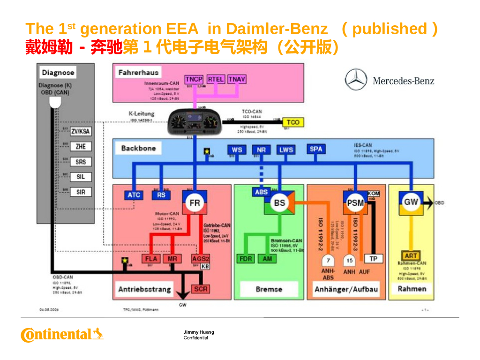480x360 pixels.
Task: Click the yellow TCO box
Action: [x=293, y=122]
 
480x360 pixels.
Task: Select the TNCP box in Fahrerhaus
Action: [x=194, y=79]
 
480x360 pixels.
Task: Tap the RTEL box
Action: [x=216, y=79]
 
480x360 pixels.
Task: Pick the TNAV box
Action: [x=237, y=79]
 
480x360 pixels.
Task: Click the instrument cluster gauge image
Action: [x=194, y=121]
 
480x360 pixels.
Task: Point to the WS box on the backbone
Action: [x=237, y=150]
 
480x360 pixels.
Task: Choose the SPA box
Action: [x=316, y=149]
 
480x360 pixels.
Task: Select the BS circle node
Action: [x=279, y=202]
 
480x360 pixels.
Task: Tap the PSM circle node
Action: [x=355, y=202]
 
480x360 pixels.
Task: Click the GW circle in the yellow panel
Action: [x=411, y=202]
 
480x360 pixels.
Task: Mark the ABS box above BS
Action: [x=262, y=192]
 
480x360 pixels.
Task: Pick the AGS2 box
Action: [x=200, y=259]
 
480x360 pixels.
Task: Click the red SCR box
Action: [x=200, y=289]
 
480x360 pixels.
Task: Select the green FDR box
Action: [x=246, y=259]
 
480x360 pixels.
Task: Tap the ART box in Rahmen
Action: [x=411, y=256]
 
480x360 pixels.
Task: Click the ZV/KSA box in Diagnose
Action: [x=81, y=132]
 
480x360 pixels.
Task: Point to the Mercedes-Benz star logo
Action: [x=356, y=80]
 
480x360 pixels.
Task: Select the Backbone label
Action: [x=138, y=148]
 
